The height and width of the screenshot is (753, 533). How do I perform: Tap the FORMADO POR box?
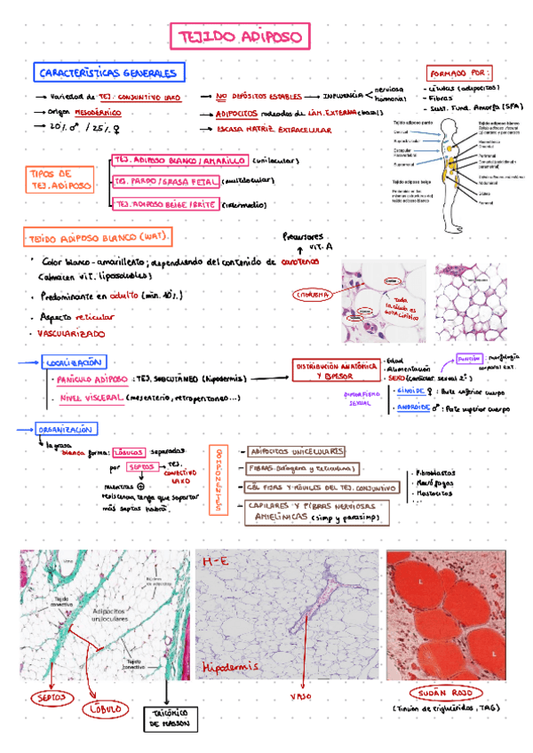click(460, 72)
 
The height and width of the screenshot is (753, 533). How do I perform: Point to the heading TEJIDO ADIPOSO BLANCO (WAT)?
click(98, 237)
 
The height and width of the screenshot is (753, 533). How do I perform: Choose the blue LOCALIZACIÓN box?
click(74, 362)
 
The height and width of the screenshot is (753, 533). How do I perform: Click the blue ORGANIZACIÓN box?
click(66, 429)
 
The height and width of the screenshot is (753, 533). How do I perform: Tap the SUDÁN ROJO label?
click(442, 693)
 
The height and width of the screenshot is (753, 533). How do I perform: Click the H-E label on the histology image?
click(216, 562)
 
